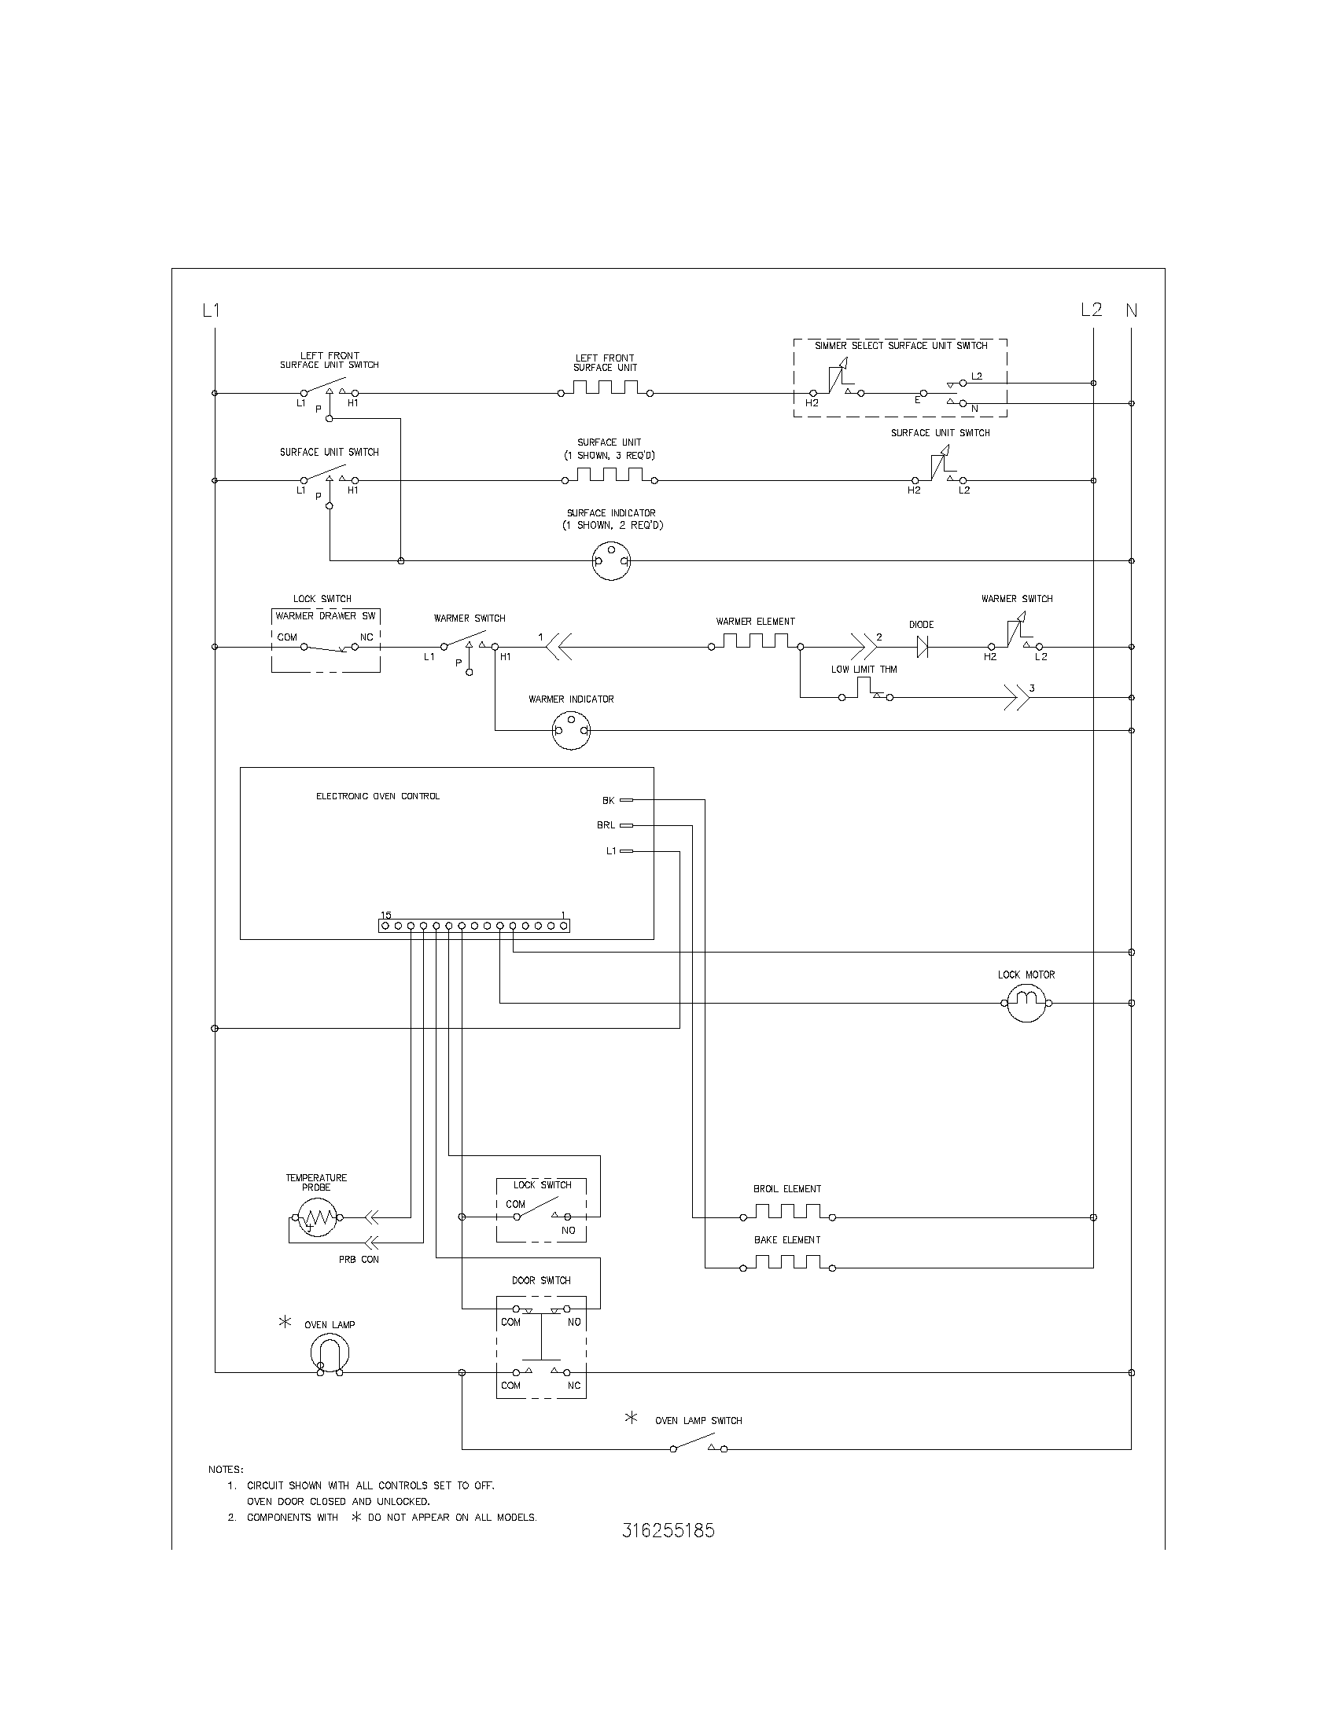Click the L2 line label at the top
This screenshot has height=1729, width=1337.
(x=1091, y=310)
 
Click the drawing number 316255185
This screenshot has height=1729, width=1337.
(x=668, y=1530)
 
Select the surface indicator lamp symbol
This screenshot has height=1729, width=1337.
(x=611, y=560)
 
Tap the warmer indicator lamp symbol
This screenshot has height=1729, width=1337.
(x=571, y=730)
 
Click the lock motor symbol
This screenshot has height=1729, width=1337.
(x=1026, y=1002)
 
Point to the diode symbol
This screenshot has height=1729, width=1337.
(x=922, y=647)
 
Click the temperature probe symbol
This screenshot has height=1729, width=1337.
(x=317, y=1217)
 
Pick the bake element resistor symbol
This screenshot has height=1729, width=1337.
(x=787, y=1264)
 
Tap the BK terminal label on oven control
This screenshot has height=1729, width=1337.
(x=608, y=800)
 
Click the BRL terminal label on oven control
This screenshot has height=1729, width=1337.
(x=606, y=825)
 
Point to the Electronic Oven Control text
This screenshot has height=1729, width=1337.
(x=378, y=796)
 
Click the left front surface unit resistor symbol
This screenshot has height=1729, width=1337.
(x=606, y=388)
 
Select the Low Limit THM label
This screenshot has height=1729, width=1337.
(x=864, y=669)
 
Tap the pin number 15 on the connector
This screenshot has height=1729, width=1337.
(x=385, y=915)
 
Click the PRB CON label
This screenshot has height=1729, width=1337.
(x=359, y=1260)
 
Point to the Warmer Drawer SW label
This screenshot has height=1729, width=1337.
(x=326, y=616)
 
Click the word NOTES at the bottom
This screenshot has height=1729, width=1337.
(x=226, y=1470)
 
